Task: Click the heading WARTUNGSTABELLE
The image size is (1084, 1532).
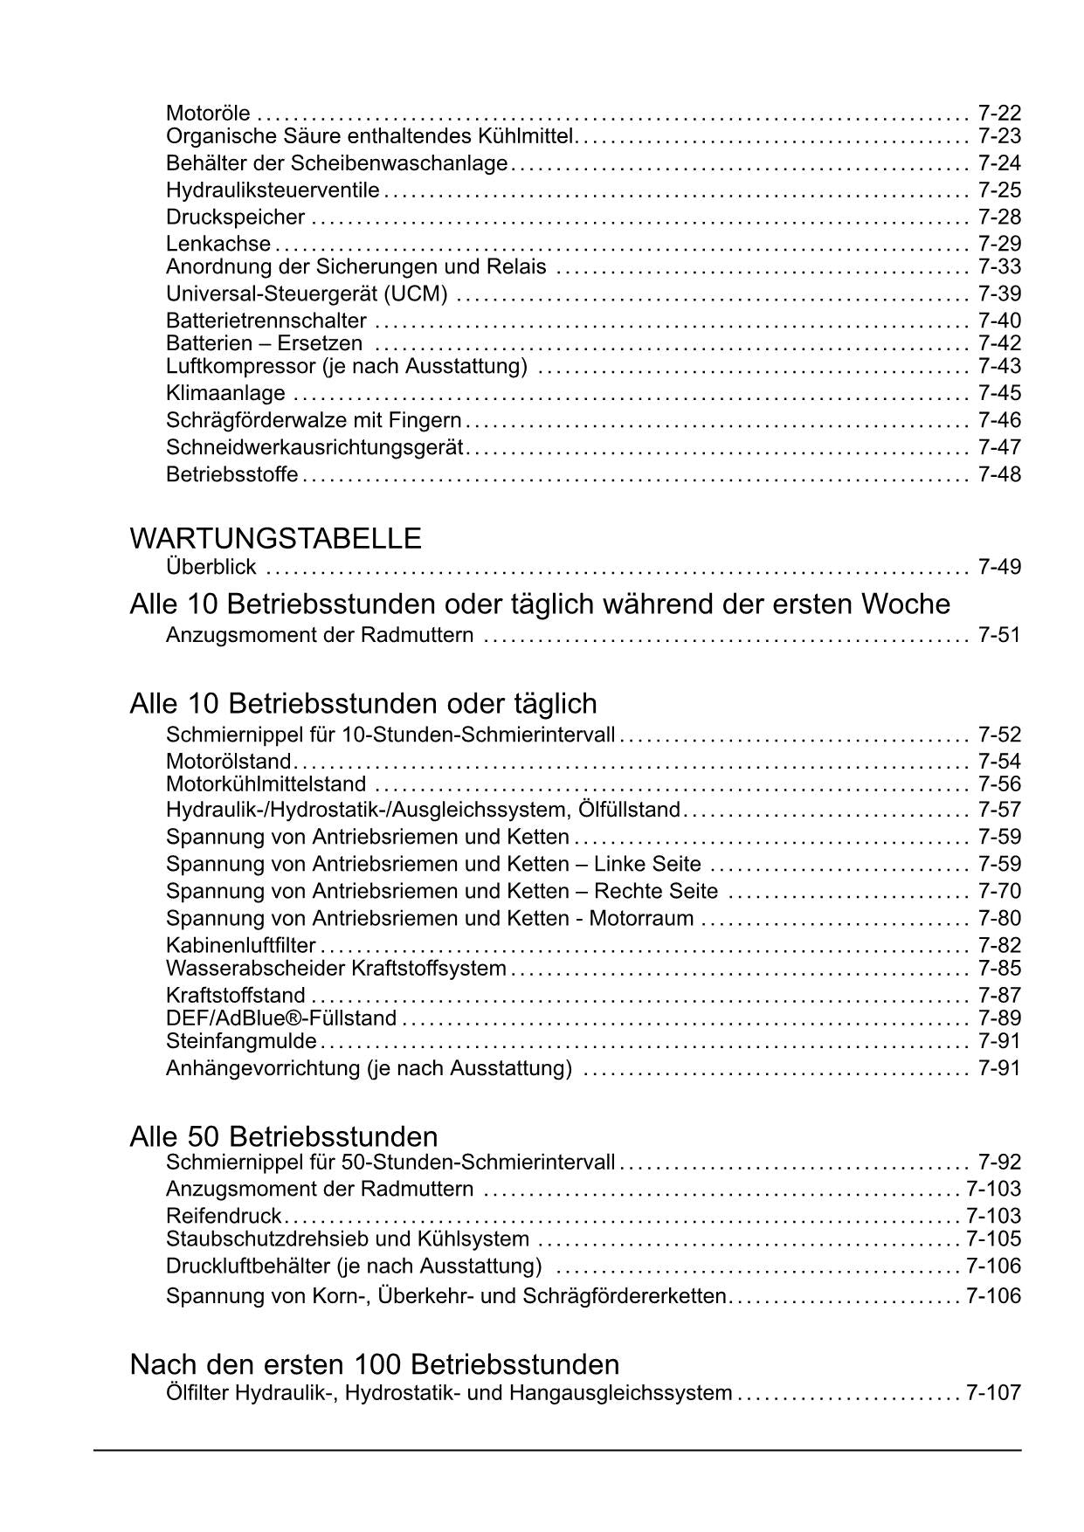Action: pyautogui.click(x=275, y=538)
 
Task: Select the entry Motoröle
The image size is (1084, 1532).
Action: pyautogui.click(x=208, y=114)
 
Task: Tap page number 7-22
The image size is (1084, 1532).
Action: pyautogui.click(x=999, y=114)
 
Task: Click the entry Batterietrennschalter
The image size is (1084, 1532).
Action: pyautogui.click(x=266, y=321)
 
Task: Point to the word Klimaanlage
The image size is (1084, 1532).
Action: pyautogui.click(x=225, y=393)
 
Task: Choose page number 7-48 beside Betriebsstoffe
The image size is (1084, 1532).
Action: pyautogui.click(x=999, y=474)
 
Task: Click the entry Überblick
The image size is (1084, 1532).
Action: pyautogui.click(x=211, y=567)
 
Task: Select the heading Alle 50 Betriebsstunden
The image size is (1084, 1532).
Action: pyautogui.click(x=284, y=1136)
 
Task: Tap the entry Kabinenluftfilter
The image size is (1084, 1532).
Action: pyautogui.click(x=241, y=945)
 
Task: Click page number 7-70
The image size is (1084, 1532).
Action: pyautogui.click(x=999, y=891)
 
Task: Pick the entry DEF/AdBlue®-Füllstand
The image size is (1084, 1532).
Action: pyautogui.click(x=281, y=1018)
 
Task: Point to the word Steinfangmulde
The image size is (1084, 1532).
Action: pyautogui.click(x=241, y=1041)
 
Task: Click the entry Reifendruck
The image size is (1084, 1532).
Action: pyautogui.click(x=224, y=1216)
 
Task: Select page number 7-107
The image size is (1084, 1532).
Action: pyautogui.click(x=993, y=1392)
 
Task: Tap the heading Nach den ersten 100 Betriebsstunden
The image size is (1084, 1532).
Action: pyautogui.click(x=375, y=1364)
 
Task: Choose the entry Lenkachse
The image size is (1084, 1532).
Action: pyautogui.click(x=218, y=244)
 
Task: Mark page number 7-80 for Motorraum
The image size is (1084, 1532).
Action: pyautogui.click(x=999, y=918)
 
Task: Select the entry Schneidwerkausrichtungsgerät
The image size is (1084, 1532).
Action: pyautogui.click(x=314, y=447)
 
